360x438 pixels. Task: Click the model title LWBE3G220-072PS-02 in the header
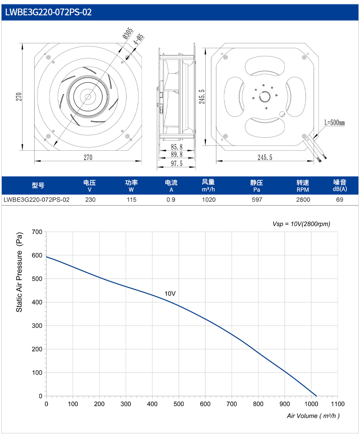coord(48,12)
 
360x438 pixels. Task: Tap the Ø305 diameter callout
coord(128,33)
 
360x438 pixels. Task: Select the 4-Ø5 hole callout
coord(139,39)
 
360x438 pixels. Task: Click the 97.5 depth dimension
coord(176,164)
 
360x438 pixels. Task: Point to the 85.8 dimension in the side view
coord(176,147)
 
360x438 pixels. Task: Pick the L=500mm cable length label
coord(334,123)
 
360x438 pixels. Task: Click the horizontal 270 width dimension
coord(88,157)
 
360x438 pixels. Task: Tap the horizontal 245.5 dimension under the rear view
coord(265,157)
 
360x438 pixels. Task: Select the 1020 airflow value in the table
coord(209,200)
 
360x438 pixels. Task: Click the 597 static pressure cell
coord(257,200)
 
